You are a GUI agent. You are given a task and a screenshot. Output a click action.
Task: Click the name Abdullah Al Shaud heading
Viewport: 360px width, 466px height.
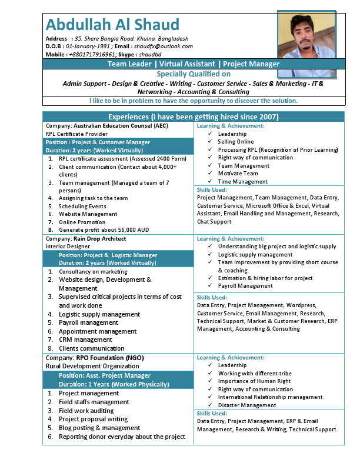(112, 25)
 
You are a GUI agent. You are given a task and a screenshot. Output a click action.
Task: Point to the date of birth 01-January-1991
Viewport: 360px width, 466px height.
(88, 46)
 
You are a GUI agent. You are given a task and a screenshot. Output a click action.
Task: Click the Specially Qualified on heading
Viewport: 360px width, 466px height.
(194, 74)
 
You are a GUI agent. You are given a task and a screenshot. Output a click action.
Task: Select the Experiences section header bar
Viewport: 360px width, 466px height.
(194, 116)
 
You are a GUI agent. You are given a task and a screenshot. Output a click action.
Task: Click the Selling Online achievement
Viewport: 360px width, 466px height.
(236, 142)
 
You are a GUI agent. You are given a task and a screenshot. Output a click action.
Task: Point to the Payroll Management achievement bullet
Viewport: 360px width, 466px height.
(245, 286)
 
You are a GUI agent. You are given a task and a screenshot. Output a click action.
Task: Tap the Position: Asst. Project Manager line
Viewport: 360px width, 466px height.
(105, 375)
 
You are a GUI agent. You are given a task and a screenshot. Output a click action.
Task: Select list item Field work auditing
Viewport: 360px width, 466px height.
(86, 411)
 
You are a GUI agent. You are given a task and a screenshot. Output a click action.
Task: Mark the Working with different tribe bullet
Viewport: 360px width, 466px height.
(255, 374)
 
